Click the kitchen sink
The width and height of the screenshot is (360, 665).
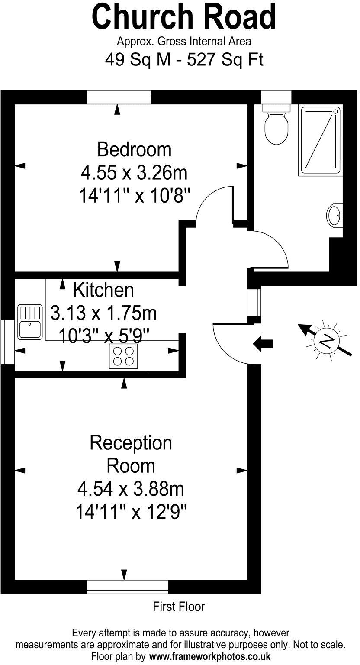click(x=29, y=322)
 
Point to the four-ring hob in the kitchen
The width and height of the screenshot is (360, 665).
click(x=123, y=356)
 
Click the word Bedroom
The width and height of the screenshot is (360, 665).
click(x=134, y=149)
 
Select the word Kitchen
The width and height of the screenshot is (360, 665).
click(x=103, y=290)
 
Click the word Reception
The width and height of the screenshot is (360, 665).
click(x=131, y=443)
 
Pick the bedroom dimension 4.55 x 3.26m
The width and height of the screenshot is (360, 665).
click(x=134, y=173)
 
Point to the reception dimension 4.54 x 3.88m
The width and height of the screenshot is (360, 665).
click(x=131, y=490)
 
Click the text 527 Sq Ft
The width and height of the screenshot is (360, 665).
click(x=225, y=60)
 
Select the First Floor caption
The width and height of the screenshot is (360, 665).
click(x=179, y=607)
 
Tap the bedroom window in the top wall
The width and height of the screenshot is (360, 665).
click(x=119, y=97)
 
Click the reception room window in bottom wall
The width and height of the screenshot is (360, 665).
click(x=127, y=587)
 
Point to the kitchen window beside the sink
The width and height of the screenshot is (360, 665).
click(x=7, y=342)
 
